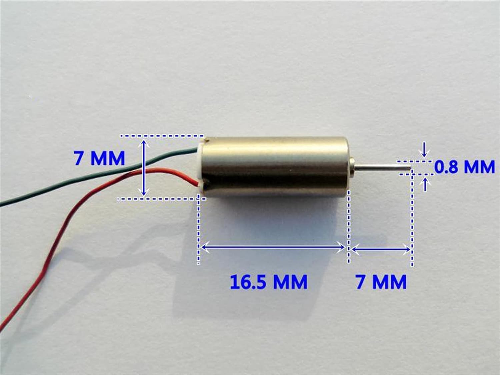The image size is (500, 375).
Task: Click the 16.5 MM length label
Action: pos(268,282)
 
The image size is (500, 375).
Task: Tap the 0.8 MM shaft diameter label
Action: pos(465,167)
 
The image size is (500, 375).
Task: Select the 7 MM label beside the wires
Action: pos(99,158)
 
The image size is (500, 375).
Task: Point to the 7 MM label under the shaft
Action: pos(381,282)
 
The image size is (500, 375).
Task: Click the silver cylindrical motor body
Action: pos(277,167)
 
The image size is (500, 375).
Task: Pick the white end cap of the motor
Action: pos(201,167)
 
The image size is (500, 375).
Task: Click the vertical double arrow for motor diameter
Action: pos(144,168)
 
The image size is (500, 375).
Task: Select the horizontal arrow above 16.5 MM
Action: pos(273,247)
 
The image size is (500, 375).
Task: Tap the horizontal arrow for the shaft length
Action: pos(381,248)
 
